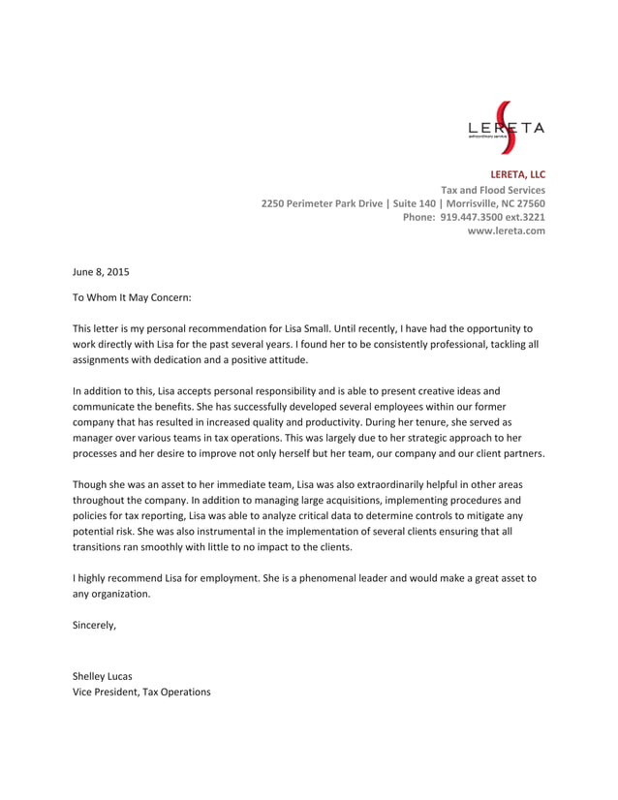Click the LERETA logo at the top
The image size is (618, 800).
click(x=506, y=128)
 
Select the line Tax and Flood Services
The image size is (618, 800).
click(x=493, y=190)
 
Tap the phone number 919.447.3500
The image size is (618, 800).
click(x=472, y=218)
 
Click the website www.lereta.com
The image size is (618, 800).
click(x=506, y=231)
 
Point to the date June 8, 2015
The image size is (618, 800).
click(x=101, y=272)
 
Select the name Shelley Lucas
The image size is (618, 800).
click(x=102, y=676)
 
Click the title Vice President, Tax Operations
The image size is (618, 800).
click(x=141, y=692)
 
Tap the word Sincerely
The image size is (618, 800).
click(x=94, y=625)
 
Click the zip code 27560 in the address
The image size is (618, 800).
click(x=529, y=204)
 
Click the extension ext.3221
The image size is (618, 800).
click(x=522, y=218)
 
